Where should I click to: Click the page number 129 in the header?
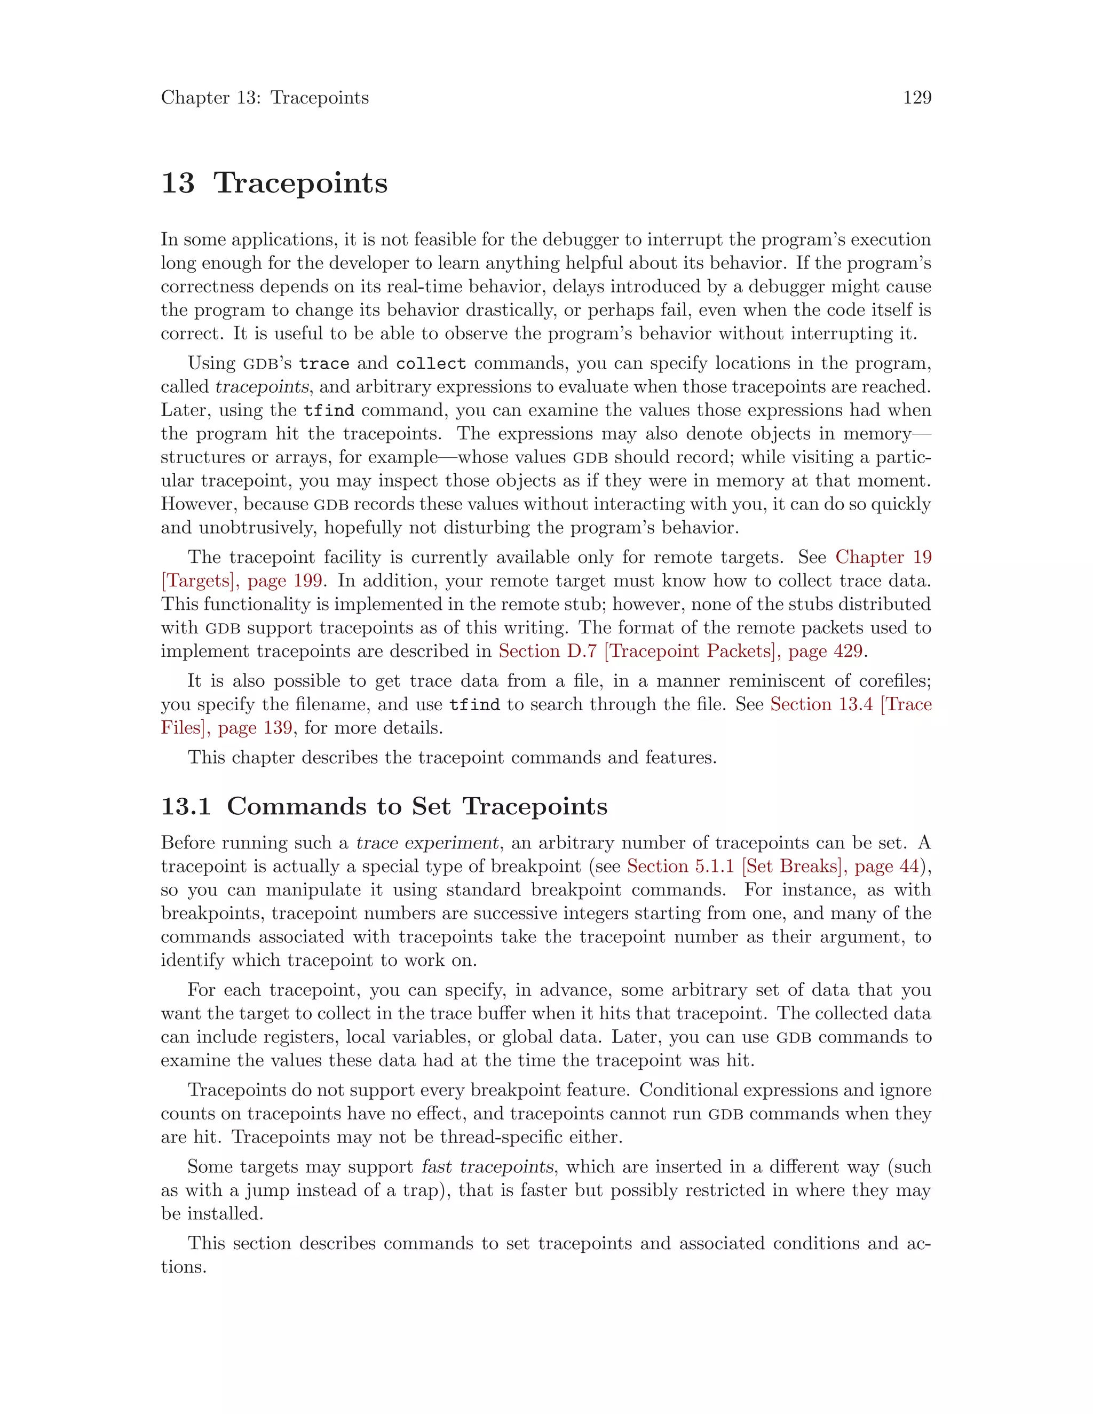[917, 98]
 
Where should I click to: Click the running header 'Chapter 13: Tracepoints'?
[265, 98]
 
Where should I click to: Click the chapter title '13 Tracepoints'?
[274, 182]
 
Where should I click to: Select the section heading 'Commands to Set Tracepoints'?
[417, 806]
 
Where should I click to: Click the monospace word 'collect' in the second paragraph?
[431, 364]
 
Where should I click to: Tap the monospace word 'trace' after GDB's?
[324, 364]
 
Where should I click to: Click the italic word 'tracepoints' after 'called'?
[262, 387]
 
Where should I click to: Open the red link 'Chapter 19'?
[883, 558]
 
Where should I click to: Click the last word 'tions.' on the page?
[184, 1267]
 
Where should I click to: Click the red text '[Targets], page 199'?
[242, 581]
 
